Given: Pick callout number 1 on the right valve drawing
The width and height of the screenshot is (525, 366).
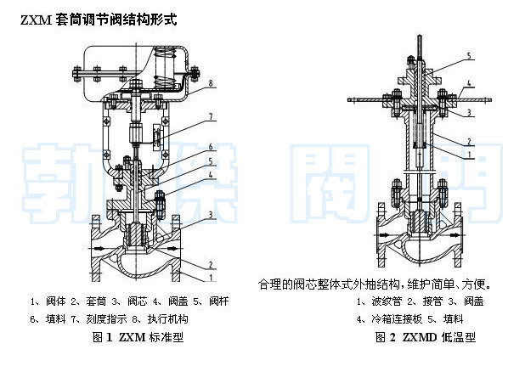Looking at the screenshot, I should pos(469,155).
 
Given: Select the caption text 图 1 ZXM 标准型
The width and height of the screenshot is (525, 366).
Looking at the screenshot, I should pos(138,337).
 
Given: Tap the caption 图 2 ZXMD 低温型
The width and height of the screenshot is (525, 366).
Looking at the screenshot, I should pos(425,337).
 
